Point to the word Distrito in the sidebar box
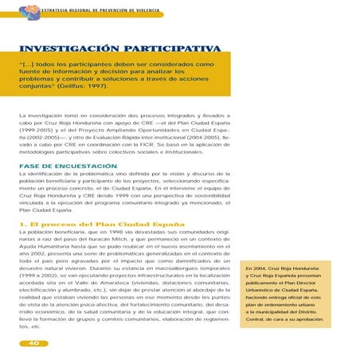[330, 316]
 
